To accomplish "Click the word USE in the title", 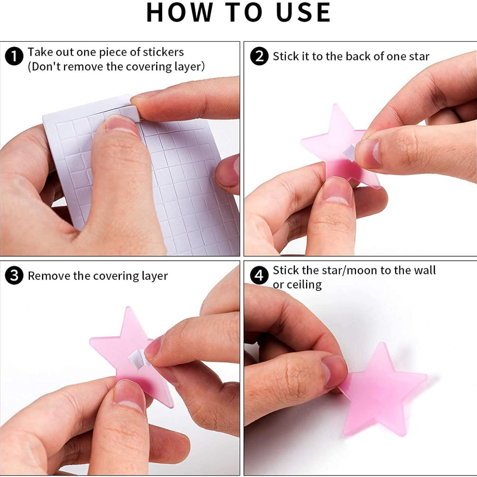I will [x=303, y=13].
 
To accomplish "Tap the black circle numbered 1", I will [x=14, y=56].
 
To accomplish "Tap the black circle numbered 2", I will [x=259, y=56].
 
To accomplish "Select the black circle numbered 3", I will [x=14, y=276].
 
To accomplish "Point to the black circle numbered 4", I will [x=259, y=275].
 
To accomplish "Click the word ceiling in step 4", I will [x=304, y=285].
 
